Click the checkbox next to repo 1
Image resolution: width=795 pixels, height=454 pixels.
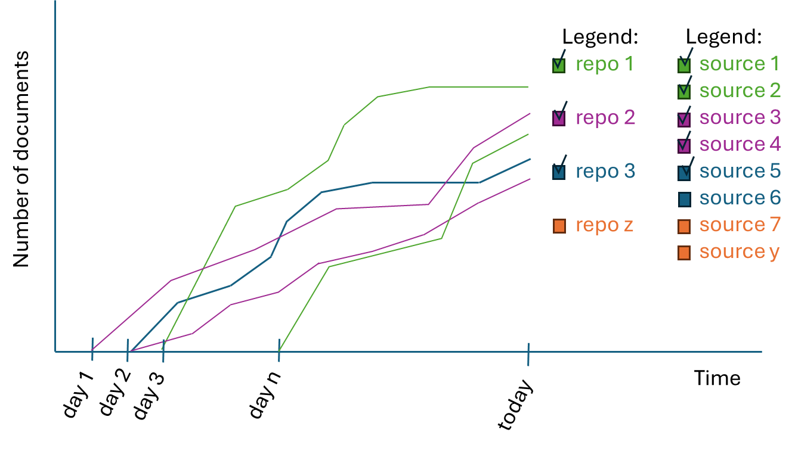[x=559, y=65]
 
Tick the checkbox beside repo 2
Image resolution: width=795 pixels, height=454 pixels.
[x=559, y=118]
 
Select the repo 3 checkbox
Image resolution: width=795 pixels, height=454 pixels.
[x=559, y=172]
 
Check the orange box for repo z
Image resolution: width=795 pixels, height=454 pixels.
[x=559, y=226]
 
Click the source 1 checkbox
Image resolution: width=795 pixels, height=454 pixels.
[x=684, y=65]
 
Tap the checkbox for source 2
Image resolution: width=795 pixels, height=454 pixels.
[x=684, y=91]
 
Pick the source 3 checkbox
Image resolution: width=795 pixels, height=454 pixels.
[x=684, y=119]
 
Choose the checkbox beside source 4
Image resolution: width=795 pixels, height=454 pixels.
[x=684, y=145]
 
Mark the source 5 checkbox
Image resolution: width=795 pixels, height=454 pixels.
[x=684, y=172]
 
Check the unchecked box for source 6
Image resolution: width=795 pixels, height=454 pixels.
[x=684, y=199]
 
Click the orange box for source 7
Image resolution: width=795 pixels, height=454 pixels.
[x=684, y=226]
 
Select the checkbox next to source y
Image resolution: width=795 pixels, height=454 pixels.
[x=684, y=253]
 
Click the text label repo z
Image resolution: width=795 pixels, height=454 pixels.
[x=604, y=225]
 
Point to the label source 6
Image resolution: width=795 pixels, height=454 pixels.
[x=740, y=198]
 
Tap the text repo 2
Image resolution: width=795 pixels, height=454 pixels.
[x=605, y=118]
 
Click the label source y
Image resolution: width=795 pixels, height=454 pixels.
[x=739, y=252]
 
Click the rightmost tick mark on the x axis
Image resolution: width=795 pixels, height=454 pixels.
[x=528, y=355]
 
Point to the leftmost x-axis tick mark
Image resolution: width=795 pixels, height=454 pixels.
[x=92, y=350]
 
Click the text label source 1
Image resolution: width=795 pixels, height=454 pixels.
[x=739, y=64]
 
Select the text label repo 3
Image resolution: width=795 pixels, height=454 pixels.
[x=605, y=172]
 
